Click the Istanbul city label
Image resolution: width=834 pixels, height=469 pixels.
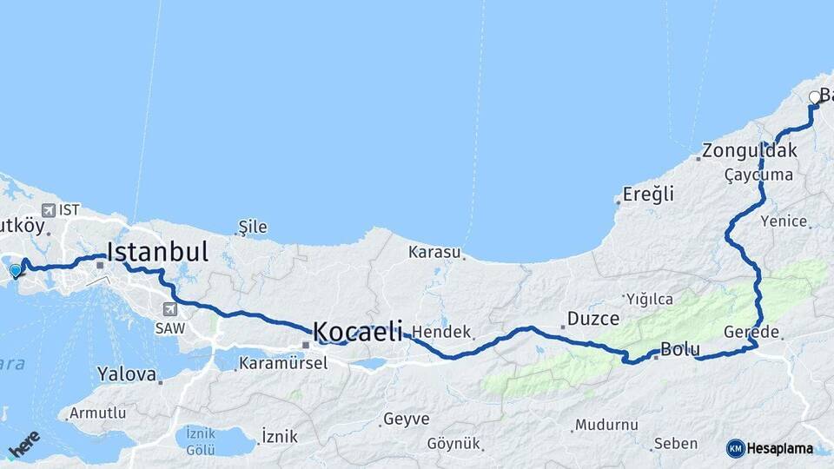(x=157, y=253)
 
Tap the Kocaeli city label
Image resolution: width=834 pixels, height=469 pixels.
(x=357, y=331)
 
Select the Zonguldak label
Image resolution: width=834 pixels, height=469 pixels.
(x=750, y=150)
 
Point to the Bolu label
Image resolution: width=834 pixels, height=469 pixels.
(x=680, y=350)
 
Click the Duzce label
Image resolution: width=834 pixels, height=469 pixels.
(x=593, y=318)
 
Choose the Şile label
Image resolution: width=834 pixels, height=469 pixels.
(x=253, y=228)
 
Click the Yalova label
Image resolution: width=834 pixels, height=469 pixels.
(x=125, y=374)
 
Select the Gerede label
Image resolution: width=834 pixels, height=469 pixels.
(x=752, y=332)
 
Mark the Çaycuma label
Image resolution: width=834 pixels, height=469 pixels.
(x=758, y=175)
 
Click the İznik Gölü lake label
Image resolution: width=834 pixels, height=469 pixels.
(x=200, y=440)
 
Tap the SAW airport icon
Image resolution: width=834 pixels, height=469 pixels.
(x=169, y=308)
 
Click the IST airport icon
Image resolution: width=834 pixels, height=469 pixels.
(x=47, y=210)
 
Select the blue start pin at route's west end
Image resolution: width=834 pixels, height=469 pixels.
(x=15, y=271)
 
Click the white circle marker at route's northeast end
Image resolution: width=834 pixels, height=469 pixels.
(x=815, y=97)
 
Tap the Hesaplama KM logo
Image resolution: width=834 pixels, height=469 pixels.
(x=770, y=448)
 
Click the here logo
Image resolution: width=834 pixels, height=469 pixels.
(x=24, y=444)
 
